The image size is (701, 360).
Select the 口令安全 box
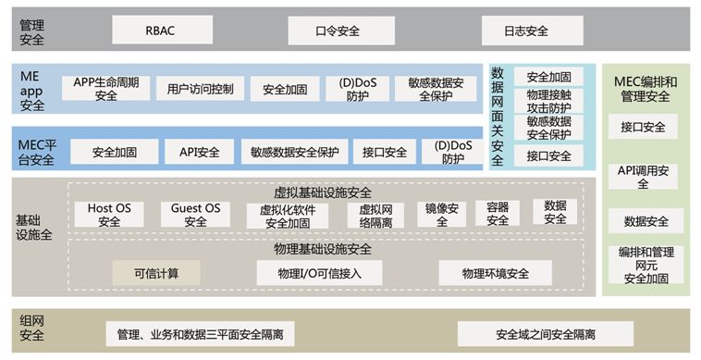click(x=337, y=31)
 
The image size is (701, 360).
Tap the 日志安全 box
click(x=526, y=31)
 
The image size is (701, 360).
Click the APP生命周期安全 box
click(x=106, y=89)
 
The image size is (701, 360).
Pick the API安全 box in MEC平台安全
click(x=199, y=152)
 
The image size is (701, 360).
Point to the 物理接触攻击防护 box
click(x=548, y=101)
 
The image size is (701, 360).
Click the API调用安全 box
click(x=644, y=177)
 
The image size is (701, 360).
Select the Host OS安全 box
click(x=109, y=215)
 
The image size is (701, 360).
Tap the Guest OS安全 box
click(x=195, y=215)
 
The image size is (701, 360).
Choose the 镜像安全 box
click(x=440, y=215)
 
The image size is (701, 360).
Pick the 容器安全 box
click(x=498, y=215)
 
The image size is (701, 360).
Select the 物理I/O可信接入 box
click(x=321, y=273)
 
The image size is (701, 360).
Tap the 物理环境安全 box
click(x=496, y=273)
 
